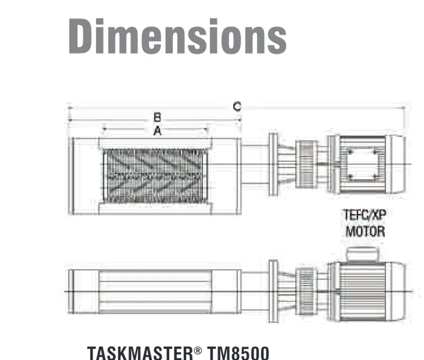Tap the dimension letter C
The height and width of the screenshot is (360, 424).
pos(237,107)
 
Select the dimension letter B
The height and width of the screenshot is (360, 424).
pos(157,117)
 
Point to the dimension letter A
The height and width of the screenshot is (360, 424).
pos(157,130)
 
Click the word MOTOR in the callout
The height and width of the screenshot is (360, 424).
pos(365,232)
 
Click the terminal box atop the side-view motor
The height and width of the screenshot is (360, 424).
pos(360,254)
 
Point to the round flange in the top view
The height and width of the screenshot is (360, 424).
pos(273,164)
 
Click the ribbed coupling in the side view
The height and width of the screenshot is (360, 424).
pos(305,291)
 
